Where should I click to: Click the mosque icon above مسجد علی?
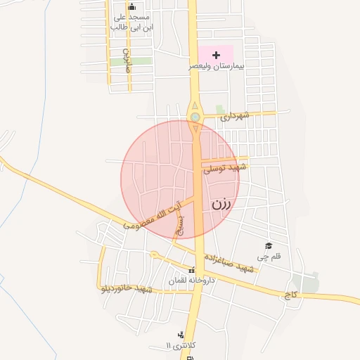pyautogui.click(x=132, y=7)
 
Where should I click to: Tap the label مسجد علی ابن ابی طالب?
pyautogui.click(x=131, y=22)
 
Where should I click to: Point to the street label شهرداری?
pyautogui.click(x=235, y=116)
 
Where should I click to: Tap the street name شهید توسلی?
pyautogui.click(x=225, y=168)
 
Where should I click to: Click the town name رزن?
pyautogui.click(x=221, y=205)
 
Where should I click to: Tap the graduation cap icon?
pyautogui.click(x=268, y=245)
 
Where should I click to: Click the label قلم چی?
pyautogui.click(x=268, y=257)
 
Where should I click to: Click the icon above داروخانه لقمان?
pyautogui.click(x=191, y=271)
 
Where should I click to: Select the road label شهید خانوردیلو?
pyautogui.click(x=127, y=288)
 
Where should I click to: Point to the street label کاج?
pyautogui.click(x=290, y=296)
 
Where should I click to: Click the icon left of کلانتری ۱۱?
pyautogui.click(x=181, y=335)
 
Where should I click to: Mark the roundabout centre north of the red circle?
pyautogui.click(x=195, y=117)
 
